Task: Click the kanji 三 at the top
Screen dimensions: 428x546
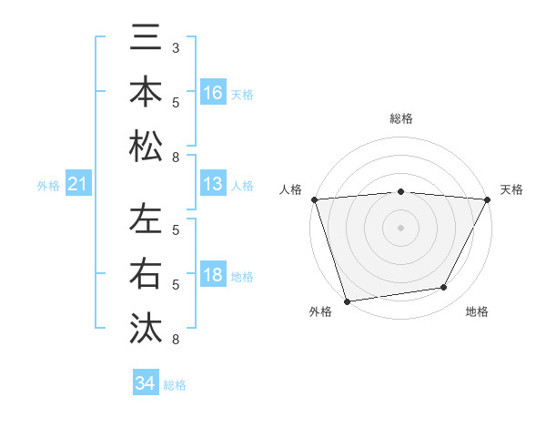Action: tap(146, 37)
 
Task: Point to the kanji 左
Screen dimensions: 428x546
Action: tap(146, 219)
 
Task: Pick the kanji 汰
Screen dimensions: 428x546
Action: tap(146, 327)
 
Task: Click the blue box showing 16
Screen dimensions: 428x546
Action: tap(213, 92)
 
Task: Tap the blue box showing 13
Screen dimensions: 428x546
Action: tap(213, 184)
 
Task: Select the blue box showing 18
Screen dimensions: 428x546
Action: tap(213, 276)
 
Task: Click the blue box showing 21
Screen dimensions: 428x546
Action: tap(78, 185)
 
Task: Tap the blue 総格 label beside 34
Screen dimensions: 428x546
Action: tap(175, 385)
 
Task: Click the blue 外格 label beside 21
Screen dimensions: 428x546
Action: tap(48, 186)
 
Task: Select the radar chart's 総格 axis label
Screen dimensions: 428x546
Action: tap(401, 118)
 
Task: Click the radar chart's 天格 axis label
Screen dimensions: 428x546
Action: tap(512, 189)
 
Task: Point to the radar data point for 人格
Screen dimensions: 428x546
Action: tap(314, 199)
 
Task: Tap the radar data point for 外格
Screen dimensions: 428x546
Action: tap(347, 301)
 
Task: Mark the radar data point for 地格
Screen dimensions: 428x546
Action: tap(444, 288)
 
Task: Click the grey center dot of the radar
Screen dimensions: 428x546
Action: tap(401, 228)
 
